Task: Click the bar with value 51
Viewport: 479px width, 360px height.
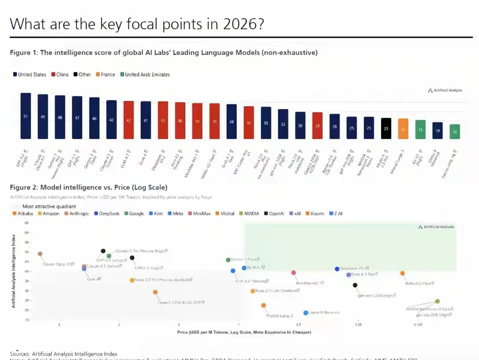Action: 26,116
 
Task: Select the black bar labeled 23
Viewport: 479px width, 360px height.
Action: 386,129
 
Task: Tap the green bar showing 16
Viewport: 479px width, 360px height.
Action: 455,132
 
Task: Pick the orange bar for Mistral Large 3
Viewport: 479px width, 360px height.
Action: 403,129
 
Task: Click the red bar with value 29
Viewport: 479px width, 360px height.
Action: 317,125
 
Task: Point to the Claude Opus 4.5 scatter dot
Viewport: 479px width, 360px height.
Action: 40,254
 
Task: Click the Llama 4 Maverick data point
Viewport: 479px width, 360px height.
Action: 306,313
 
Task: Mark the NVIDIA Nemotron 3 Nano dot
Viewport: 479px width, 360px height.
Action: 437,301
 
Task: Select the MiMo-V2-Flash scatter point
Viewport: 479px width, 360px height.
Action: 402,274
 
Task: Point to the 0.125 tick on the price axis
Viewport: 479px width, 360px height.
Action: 418,325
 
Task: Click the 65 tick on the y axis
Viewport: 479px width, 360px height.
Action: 27,223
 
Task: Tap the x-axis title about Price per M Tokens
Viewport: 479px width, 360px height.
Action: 244,332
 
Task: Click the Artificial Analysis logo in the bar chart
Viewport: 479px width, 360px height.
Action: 445,90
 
